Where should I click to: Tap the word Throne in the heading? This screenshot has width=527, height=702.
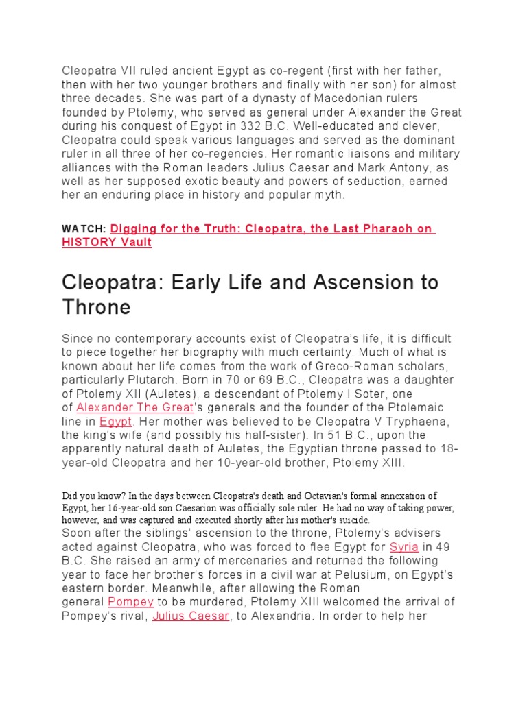96,307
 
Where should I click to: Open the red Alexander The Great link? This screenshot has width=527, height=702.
134,407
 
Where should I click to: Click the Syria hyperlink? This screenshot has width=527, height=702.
403,547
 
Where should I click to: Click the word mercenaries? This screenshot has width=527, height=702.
248,561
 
